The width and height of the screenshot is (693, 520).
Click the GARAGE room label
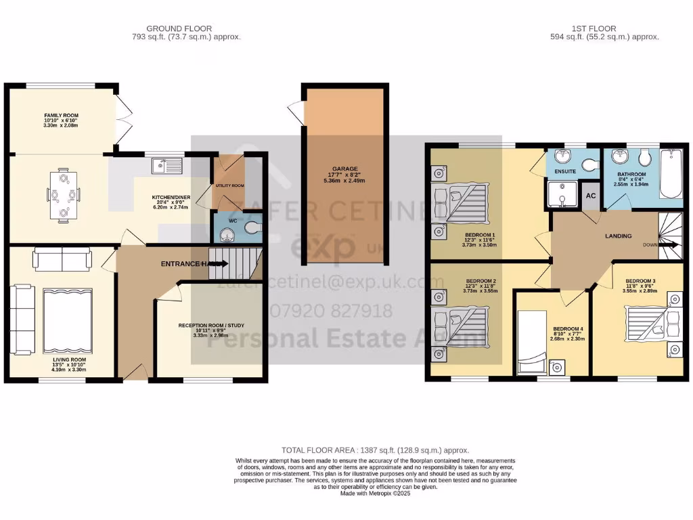344,169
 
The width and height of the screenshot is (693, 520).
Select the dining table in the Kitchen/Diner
64,196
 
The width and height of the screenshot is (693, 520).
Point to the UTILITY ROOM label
229,185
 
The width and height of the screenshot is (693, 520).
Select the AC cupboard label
590,195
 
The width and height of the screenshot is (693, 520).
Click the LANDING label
618,236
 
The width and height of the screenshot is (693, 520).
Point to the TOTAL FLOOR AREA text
375,450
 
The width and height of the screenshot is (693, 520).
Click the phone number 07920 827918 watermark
331,311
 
